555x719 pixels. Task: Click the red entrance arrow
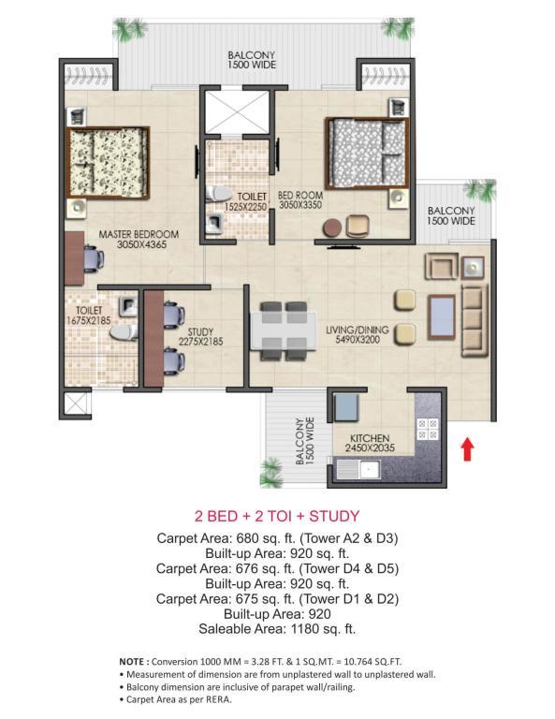[467, 449]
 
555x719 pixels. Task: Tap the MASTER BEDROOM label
[139, 234]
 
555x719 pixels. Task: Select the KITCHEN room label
[370, 438]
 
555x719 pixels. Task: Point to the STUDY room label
[200, 331]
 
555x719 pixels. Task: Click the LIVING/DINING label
[357, 330]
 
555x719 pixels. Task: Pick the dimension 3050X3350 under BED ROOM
[300, 205]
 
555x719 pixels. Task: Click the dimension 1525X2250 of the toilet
[245, 207]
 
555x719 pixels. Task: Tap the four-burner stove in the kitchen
[427, 429]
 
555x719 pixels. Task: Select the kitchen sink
[358, 470]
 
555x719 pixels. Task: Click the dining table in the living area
[284, 331]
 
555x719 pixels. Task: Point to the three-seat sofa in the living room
[474, 319]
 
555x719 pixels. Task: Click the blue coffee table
[441, 317]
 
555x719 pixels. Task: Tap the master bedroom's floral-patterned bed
[109, 163]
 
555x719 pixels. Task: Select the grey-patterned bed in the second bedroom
[367, 154]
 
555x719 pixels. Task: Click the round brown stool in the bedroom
[332, 227]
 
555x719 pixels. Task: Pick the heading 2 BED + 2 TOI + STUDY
[277, 517]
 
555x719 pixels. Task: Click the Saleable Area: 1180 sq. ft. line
[277, 629]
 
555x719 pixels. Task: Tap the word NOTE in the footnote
[132, 662]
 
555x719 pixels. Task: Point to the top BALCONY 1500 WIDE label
[252, 60]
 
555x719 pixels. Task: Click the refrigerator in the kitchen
[346, 407]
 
